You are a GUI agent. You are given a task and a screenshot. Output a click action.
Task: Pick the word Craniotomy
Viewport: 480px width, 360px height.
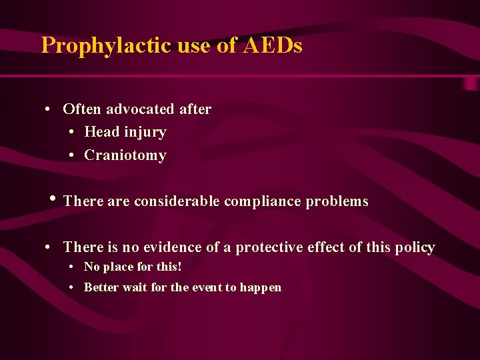125,155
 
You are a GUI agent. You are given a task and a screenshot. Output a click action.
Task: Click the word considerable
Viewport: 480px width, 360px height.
177,201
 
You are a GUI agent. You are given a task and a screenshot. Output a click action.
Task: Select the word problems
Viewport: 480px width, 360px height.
337,201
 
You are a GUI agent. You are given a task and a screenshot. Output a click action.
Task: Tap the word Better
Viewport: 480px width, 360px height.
101,287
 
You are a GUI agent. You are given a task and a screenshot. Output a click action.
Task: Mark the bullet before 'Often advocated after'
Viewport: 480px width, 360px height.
50,109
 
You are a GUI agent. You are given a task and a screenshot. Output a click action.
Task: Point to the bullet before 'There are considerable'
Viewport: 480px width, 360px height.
53,199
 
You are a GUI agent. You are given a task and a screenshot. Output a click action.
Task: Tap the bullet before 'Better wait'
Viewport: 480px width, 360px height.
71,288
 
